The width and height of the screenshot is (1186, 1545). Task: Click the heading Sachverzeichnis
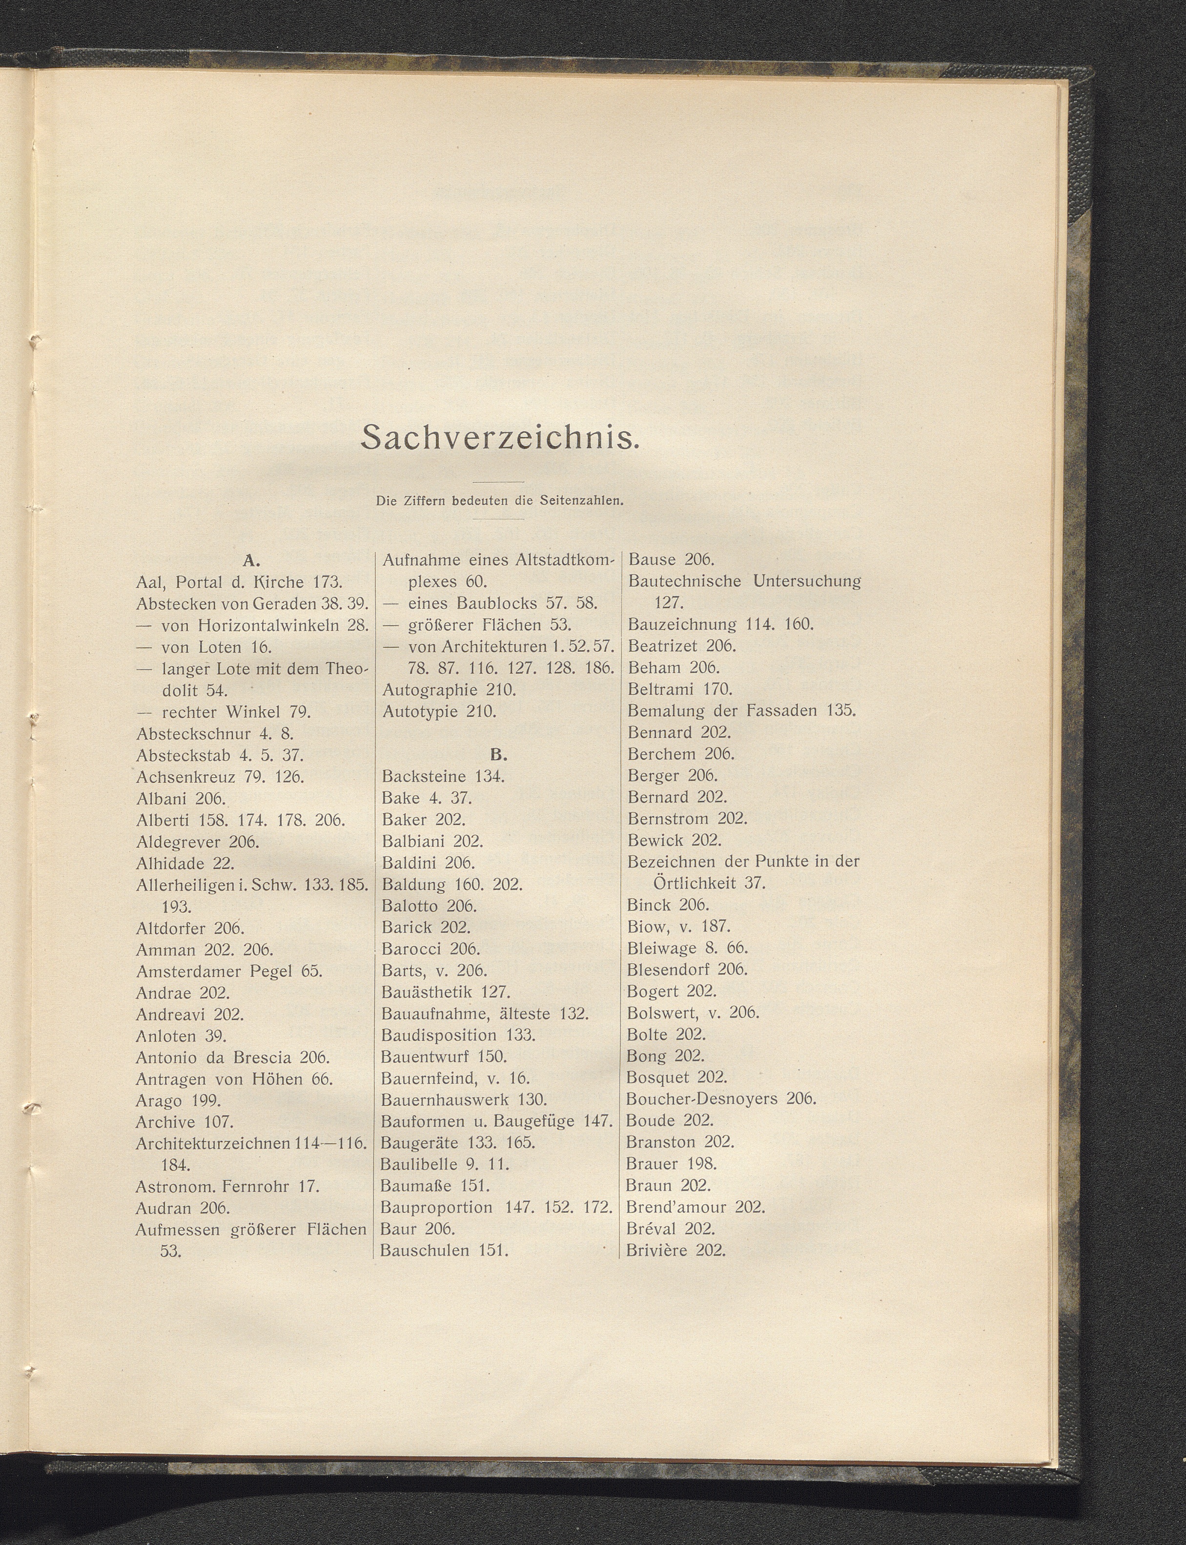500,438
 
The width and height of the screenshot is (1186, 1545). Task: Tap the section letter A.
252,561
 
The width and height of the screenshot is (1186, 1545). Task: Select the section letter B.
498,755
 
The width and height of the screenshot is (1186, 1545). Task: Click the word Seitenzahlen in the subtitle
582,501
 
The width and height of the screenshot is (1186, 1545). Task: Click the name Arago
159,1101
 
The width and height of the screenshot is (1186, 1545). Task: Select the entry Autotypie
421,711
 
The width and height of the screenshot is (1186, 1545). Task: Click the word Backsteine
424,777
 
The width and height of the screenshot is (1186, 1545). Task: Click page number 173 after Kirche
327,582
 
